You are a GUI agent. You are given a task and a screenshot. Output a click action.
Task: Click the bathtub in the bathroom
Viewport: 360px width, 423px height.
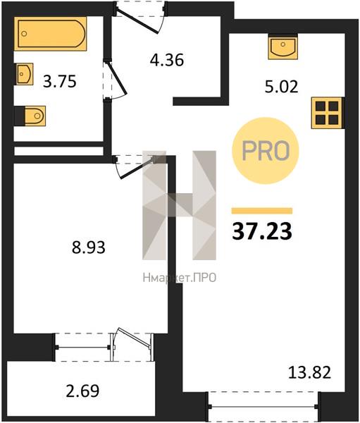(51, 34)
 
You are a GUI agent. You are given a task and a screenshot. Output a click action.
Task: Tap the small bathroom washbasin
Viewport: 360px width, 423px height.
(24, 74)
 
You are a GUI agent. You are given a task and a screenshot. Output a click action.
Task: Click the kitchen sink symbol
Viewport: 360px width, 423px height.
(283, 48)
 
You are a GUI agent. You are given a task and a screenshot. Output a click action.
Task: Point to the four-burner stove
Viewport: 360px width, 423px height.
(328, 113)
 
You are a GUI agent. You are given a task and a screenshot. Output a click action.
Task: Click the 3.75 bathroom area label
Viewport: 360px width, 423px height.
(60, 82)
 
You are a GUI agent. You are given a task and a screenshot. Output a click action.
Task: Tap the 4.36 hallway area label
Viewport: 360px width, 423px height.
(167, 60)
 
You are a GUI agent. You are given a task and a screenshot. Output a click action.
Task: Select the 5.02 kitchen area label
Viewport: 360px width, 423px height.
(282, 87)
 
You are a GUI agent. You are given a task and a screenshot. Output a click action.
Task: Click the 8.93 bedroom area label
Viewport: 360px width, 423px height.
(89, 247)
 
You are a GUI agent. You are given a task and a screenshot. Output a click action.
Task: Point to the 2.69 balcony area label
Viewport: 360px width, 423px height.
(82, 391)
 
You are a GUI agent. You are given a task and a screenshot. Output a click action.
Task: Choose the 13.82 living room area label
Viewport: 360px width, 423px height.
(309, 372)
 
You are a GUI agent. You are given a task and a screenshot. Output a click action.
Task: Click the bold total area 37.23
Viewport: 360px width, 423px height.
(262, 231)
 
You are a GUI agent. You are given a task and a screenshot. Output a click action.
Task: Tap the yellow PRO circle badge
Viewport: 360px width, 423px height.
(266, 151)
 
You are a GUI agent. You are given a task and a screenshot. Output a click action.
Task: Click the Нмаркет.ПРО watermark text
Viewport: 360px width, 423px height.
(180, 278)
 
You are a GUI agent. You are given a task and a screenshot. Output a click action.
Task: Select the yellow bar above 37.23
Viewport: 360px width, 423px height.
(262, 211)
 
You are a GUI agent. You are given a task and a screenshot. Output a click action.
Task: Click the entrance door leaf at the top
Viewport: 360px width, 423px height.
(137, 21)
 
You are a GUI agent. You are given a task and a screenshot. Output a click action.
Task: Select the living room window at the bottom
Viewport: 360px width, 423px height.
(262, 405)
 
